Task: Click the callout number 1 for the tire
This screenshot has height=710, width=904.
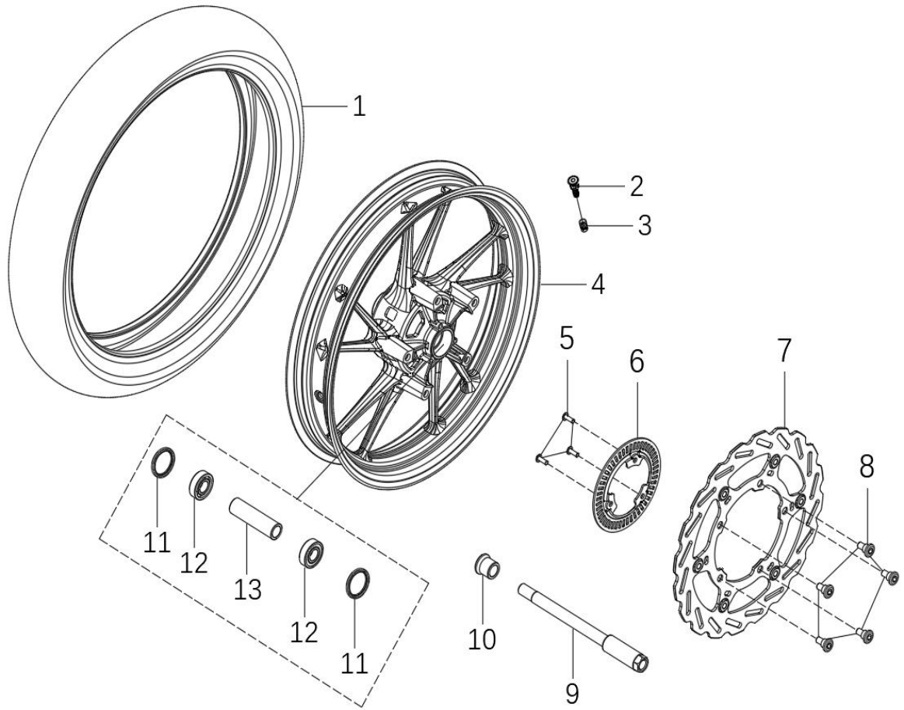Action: coord(359,107)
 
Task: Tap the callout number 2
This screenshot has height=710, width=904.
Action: coord(637,187)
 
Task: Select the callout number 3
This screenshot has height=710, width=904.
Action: coord(644,226)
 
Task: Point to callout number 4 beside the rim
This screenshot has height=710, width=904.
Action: coord(598,285)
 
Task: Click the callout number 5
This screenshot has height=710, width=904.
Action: coord(567,338)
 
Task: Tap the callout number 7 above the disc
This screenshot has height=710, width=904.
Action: coord(784,350)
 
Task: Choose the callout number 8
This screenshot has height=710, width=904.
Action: coord(867,467)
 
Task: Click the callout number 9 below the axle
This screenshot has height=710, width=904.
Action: coord(571,693)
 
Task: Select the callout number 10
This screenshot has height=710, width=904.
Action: coord(482,638)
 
